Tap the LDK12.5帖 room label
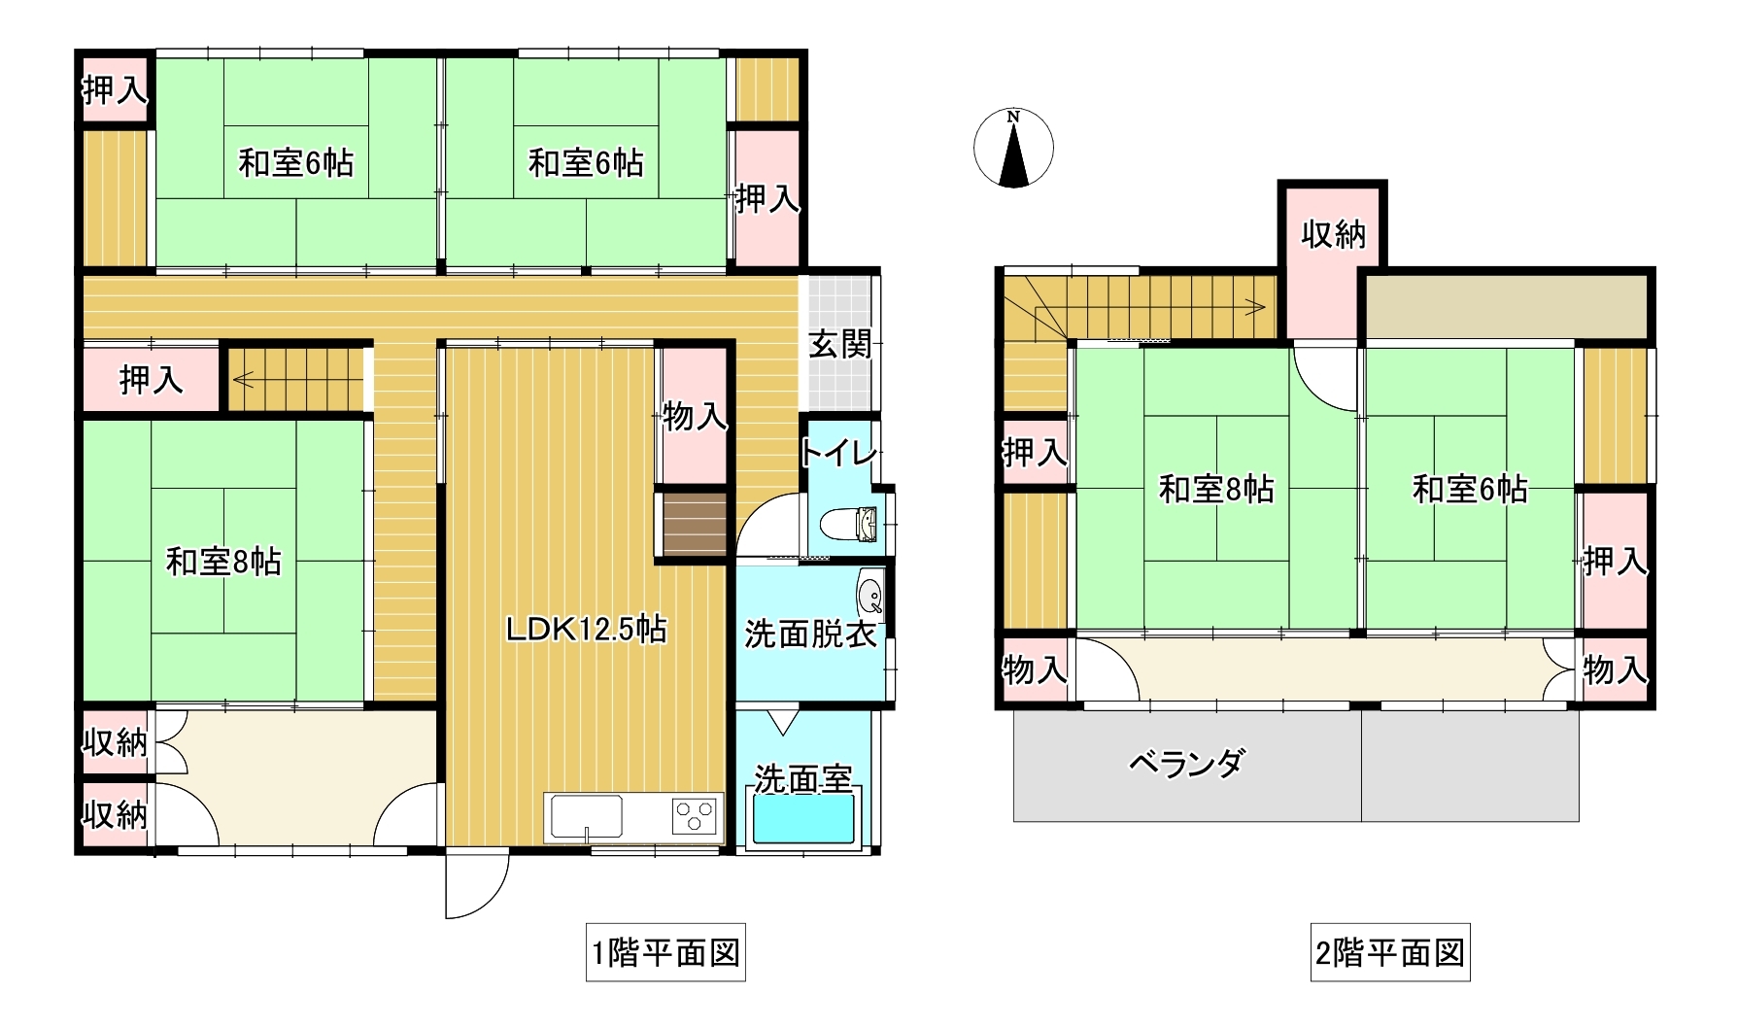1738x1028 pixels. [x=586, y=630]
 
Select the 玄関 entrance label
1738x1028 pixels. [x=840, y=344]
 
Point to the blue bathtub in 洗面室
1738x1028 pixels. [x=804, y=817]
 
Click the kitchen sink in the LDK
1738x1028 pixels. [x=587, y=815]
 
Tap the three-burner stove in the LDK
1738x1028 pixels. [x=695, y=814]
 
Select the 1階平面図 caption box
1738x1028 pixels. [x=665, y=952]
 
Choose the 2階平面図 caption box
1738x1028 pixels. [x=1389, y=952]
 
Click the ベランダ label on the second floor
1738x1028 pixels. [x=1185, y=764]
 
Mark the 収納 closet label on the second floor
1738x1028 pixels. [x=1333, y=234]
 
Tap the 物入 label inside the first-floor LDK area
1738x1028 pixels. [x=694, y=417]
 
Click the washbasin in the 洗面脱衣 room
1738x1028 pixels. [x=870, y=594]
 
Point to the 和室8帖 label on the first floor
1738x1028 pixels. [x=223, y=562]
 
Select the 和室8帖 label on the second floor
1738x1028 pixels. [x=1216, y=489]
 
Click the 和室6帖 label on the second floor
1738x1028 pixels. [x=1469, y=489]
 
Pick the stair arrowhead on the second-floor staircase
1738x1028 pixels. [x=1260, y=308]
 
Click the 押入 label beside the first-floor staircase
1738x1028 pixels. [x=151, y=380]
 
